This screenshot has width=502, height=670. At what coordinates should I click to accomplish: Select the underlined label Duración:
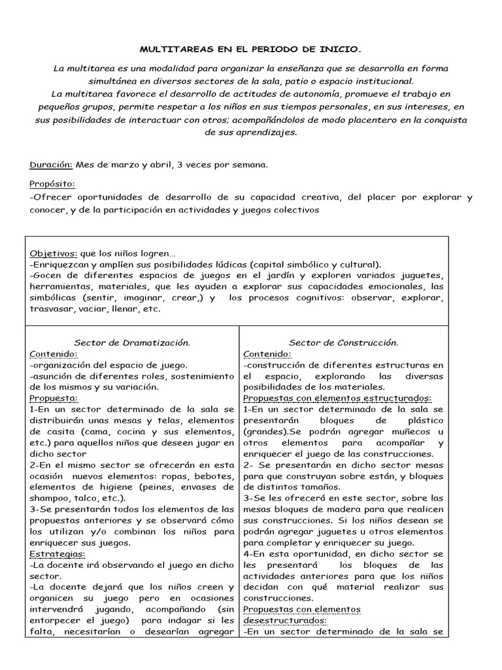52,165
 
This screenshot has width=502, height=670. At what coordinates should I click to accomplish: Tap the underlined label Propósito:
52,185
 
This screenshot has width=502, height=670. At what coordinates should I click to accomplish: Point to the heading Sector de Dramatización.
132,342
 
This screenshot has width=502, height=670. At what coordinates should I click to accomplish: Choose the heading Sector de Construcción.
344,342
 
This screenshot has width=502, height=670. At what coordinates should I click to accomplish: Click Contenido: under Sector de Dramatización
54,354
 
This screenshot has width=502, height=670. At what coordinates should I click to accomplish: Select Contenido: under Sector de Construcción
267,354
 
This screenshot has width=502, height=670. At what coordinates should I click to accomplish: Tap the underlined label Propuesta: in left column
54,398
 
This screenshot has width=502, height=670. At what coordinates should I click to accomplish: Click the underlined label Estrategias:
56,553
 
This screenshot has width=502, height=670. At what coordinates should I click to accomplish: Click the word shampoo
52,498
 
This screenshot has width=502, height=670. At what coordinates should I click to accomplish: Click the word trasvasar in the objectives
52,309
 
